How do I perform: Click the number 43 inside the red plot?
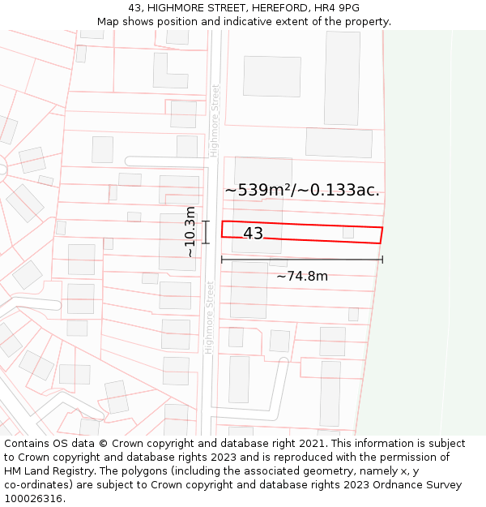click(x=253, y=234)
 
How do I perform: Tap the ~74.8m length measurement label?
click(x=302, y=277)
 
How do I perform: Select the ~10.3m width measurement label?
click(x=190, y=232)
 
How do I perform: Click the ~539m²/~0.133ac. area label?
click(x=302, y=190)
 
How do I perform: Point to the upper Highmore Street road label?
click(x=215, y=120)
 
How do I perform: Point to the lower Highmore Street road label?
click(x=209, y=317)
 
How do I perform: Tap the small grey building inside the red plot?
click(x=348, y=232)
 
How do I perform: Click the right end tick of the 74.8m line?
click(x=382, y=260)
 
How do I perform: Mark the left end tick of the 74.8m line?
click(x=222, y=260)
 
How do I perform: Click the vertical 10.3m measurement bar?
click(x=206, y=232)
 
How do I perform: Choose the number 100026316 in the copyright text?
click(x=33, y=499)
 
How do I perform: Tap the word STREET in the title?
click(x=210, y=8)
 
